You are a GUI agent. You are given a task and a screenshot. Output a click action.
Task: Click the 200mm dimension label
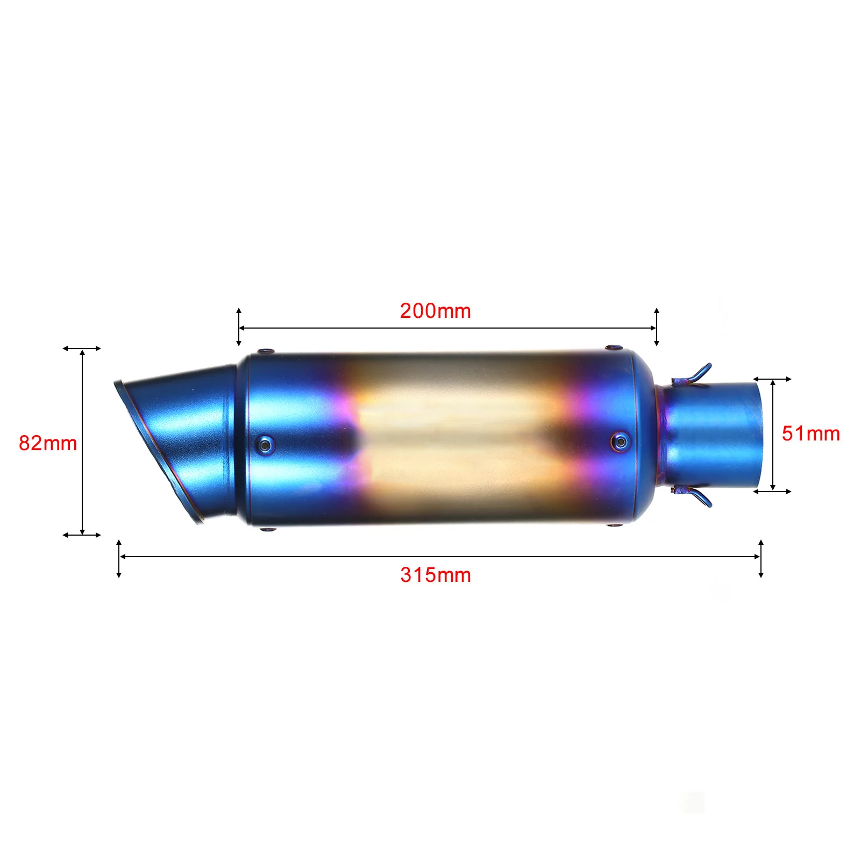click(x=435, y=311)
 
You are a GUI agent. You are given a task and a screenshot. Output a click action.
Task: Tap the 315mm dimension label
click(x=435, y=575)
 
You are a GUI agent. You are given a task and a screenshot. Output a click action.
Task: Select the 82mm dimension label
click(x=48, y=443)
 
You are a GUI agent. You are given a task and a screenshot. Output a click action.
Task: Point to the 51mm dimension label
click(x=810, y=433)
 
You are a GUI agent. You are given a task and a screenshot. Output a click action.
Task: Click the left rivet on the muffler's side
click(x=265, y=444)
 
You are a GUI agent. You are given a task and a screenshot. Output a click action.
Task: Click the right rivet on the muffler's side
click(x=621, y=442)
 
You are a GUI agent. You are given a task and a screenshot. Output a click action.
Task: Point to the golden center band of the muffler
click(x=457, y=438)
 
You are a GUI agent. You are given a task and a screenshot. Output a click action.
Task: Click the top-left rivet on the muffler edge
click(x=265, y=352)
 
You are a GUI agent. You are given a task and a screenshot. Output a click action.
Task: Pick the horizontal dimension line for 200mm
click(x=446, y=328)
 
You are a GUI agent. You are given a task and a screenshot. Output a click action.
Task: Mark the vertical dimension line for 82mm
click(x=82, y=442)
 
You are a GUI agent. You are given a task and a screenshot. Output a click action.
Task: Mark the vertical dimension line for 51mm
click(x=773, y=435)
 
